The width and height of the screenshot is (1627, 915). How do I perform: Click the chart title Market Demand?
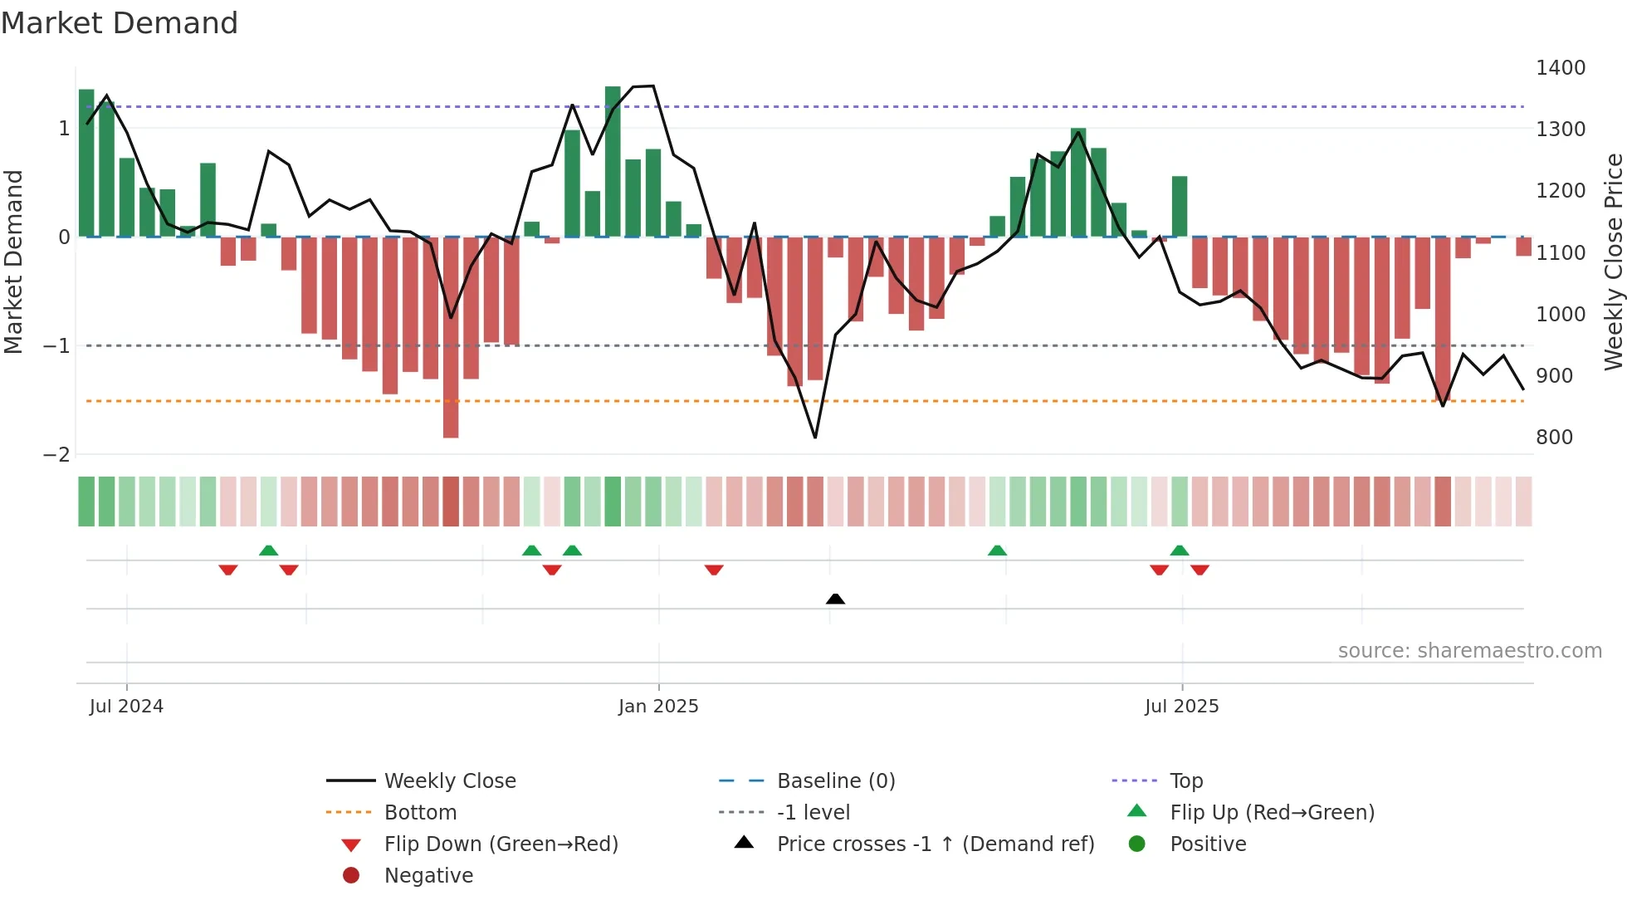(x=120, y=23)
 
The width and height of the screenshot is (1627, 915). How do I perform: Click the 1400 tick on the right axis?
(x=1560, y=68)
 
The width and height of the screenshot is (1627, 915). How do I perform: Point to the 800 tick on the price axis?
(x=1554, y=438)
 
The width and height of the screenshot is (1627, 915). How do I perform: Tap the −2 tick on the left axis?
(x=57, y=455)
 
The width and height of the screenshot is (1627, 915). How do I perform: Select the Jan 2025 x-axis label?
(x=658, y=707)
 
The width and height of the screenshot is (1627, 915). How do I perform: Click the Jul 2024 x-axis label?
(x=126, y=707)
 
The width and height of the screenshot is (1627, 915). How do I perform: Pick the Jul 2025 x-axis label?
(x=1181, y=707)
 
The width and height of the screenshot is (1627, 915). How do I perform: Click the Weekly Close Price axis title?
(x=1613, y=262)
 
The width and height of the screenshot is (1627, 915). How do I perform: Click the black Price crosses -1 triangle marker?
(x=835, y=599)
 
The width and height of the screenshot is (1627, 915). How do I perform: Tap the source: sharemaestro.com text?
(x=1469, y=651)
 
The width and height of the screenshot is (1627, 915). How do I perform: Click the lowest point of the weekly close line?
(x=815, y=437)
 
